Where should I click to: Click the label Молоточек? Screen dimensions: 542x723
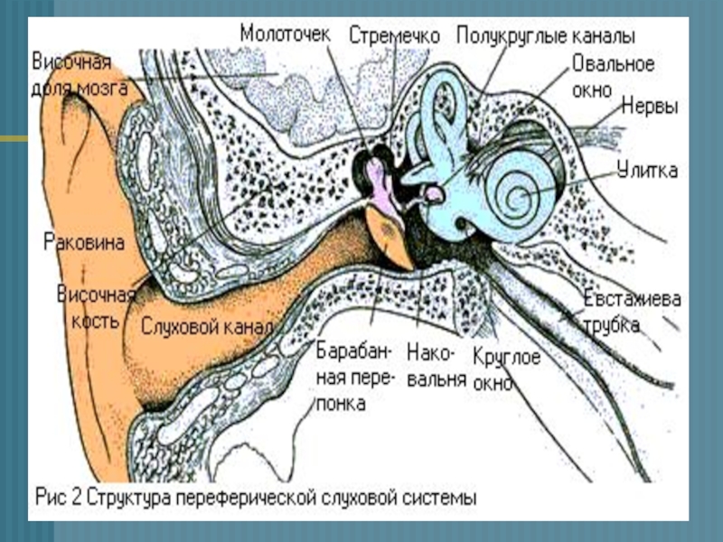[285, 33]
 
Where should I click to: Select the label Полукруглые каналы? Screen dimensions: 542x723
[545, 36]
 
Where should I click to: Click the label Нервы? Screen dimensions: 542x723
[649, 107]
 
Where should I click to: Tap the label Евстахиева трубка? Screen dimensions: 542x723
[632, 313]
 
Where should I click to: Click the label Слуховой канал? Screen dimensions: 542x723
[205, 326]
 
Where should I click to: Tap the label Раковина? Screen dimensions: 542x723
[82, 242]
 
